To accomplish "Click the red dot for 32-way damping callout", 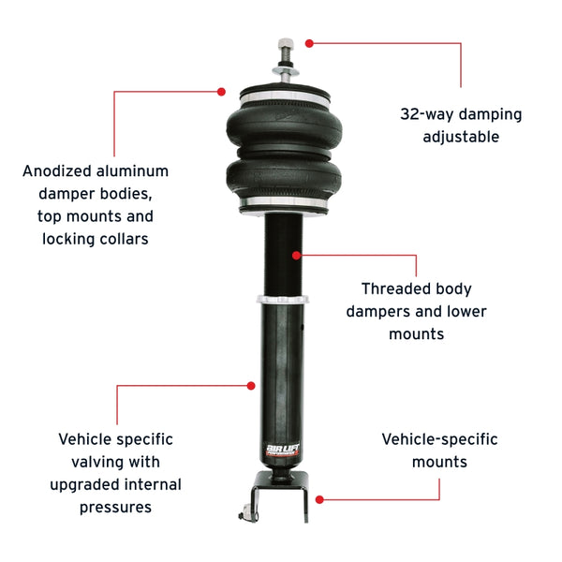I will coord(310,42).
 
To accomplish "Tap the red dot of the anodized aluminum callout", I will coord(222,91).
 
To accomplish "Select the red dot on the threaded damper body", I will coord(296,254).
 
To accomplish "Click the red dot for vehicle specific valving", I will coord(252,385).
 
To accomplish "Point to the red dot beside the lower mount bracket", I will coord(319,500).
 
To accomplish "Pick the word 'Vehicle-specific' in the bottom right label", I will coord(439,439).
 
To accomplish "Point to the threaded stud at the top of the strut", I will coord(281,57).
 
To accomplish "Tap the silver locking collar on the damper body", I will coord(282,298).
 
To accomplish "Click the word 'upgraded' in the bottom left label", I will coord(81,484).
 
